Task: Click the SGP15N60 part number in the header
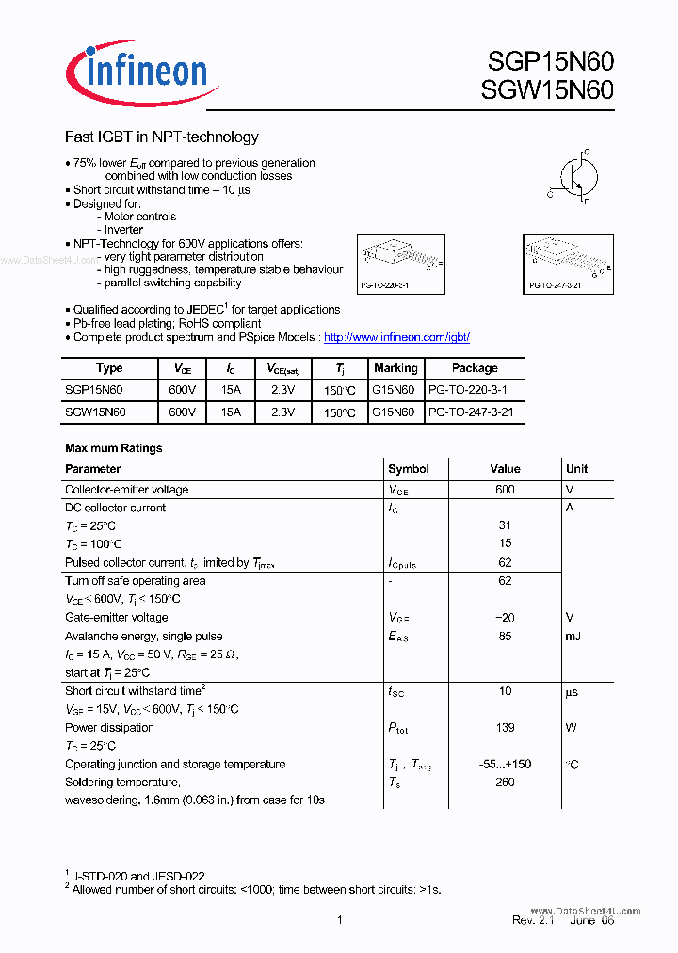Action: (x=550, y=62)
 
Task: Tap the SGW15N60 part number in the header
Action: (x=550, y=90)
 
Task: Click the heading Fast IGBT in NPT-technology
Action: (x=161, y=137)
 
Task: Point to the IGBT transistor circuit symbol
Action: (x=572, y=176)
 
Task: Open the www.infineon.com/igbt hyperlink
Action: (x=396, y=337)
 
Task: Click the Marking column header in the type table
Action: (x=395, y=368)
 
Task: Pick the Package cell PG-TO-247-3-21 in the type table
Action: (x=471, y=412)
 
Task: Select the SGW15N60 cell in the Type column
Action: (x=95, y=412)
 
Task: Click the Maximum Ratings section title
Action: (x=113, y=448)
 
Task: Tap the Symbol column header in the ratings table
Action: (x=408, y=469)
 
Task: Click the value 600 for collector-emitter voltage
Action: (x=505, y=490)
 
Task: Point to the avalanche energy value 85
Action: (x=505, y=637)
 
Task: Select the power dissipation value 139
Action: (x=505, y=728)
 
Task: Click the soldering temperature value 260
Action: (x=505, y=783)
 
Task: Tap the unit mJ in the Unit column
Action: (x=573, y=637)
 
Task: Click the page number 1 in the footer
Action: (x=339, y=920)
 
